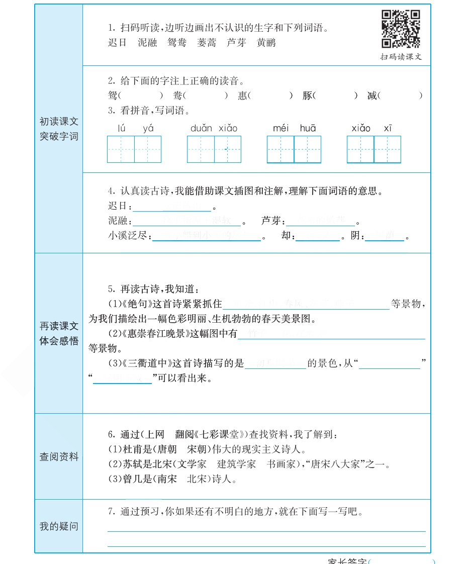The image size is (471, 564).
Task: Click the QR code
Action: point(401,29)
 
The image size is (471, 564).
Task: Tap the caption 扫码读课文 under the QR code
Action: point(401,57)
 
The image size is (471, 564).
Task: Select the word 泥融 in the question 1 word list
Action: point(148,43)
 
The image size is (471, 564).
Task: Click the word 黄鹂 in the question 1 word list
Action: point(266,43)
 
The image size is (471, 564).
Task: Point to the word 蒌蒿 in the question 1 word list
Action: point(207,43)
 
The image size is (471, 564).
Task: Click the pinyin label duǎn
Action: point(201,128)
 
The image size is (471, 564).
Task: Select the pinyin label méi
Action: point(280,128)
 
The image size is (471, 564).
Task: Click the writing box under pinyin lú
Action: point(121,149)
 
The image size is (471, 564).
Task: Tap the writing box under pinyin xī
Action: point(388,149)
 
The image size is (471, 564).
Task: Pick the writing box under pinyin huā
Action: point(308,149)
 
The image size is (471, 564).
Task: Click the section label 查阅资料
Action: point(59,457)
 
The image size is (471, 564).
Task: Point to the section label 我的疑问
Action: point(59,526)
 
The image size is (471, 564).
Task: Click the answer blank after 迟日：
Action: point(172,206)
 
